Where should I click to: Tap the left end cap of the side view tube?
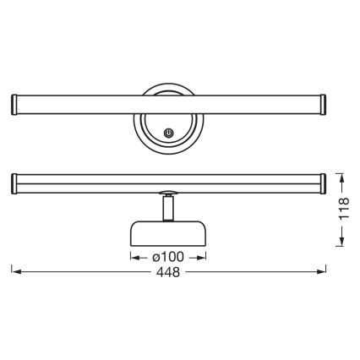pyautogui.click(x=14, y=181)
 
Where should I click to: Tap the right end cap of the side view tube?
pyautogui.click(x=324, y=181)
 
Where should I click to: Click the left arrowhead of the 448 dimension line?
pyautogui.click(x=14, y=271)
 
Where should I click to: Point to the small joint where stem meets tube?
pyautogui.click(x=167, y=192)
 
